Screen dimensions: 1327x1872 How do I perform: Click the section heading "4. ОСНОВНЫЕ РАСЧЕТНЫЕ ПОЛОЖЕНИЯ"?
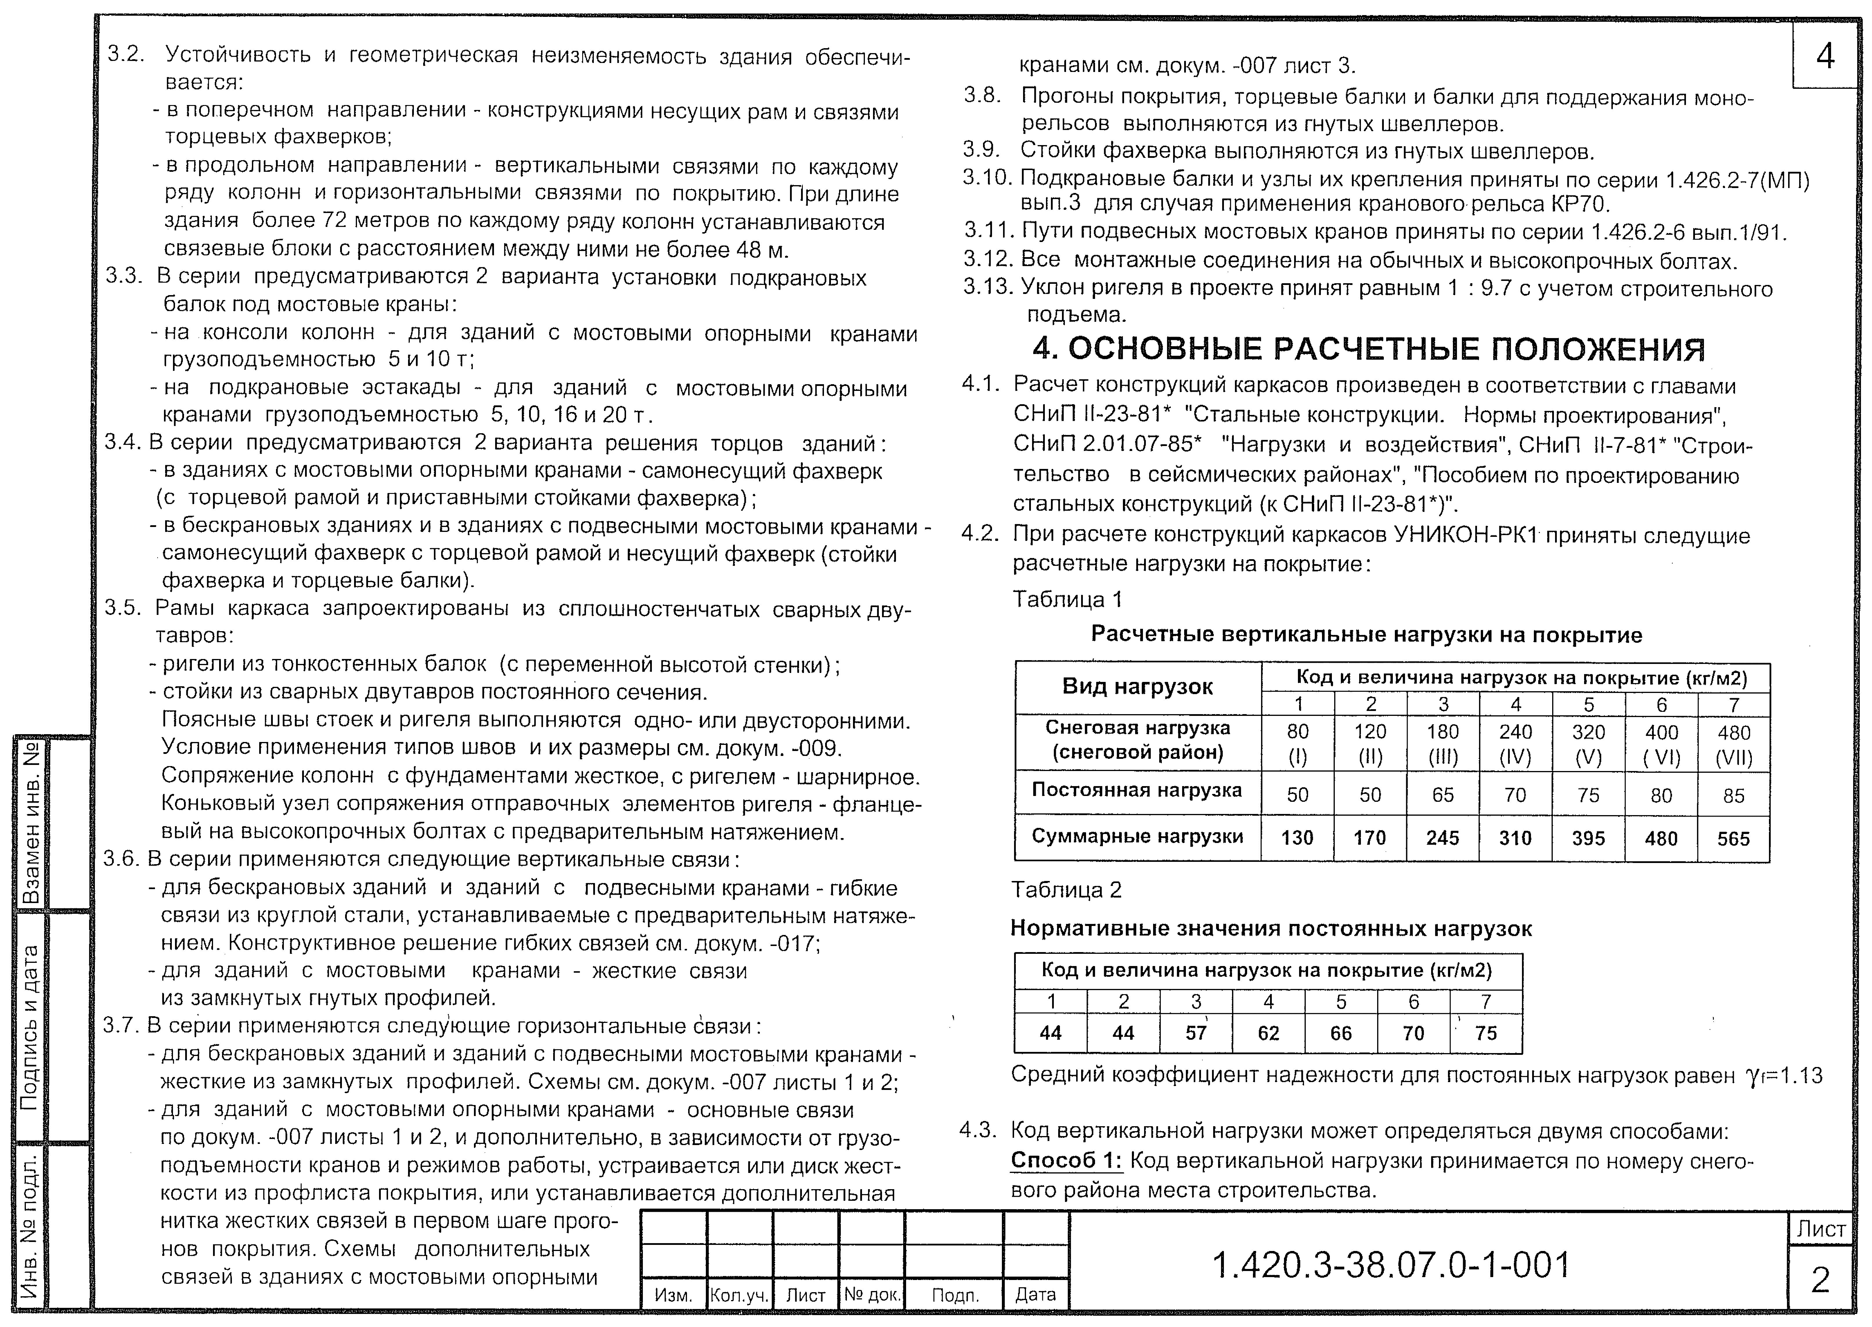click(x=1369, y=350)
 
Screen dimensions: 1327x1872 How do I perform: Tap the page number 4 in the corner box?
click(x=1825, y=55)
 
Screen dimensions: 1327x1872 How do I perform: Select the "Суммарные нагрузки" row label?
click(x=1137, y=837)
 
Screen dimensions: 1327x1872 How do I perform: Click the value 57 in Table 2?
click(x=1195, y=1034)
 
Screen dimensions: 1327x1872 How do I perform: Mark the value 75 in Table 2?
click(x=1485, y=1034)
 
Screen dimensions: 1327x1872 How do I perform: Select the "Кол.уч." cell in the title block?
click(x=740, y=1295)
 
